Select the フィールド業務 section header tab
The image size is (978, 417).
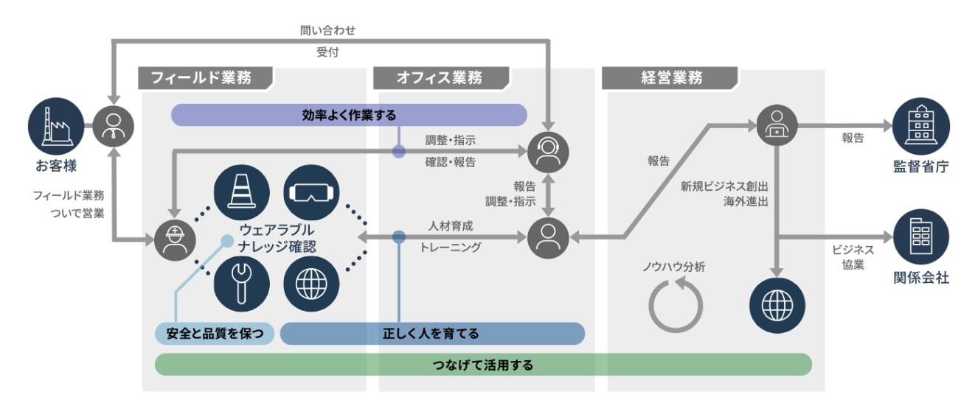pyautogui.click(x=205, y=78)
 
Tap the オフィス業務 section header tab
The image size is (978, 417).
pyautogui.click(x=440, y=78)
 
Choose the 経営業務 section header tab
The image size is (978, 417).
pyautogui.click(x=669, y=78)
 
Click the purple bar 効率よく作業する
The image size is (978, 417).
pyautogui.click(x=349, y=115)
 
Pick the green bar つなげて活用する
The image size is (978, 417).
pyautogui.click(x=483, y=365)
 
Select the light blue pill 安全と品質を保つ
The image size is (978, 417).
pyautogui.click(x=215, y=334)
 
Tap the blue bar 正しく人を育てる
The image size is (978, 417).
pyautogui.click(x=431, y=334)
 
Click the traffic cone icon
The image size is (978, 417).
pyautogui.click(x=241, y=190)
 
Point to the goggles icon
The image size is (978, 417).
pyautogui.click(x=311, y=190)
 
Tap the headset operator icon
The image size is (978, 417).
pyautogui.click(x=548, y=151)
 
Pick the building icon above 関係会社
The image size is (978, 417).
pyautogui.click(x=920, y=236)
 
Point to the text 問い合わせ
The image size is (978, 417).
pyautogui.click(x=328, y=31)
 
